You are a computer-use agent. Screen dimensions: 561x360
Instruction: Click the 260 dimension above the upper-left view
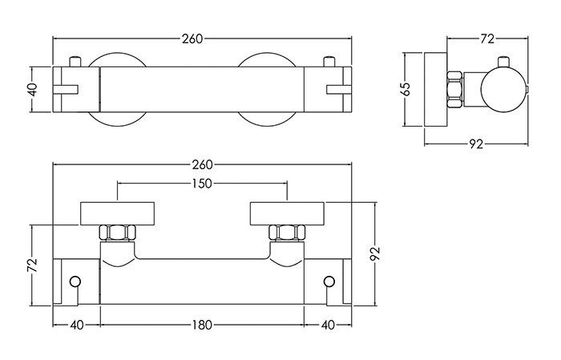coord(192,38)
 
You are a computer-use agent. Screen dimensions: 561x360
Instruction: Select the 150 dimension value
coord(202,184)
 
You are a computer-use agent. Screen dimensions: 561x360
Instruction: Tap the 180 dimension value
coord(202,326)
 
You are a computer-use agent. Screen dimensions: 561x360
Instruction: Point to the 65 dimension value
coord(406,89)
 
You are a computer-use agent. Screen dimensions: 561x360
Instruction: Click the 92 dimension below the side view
coord(476,144)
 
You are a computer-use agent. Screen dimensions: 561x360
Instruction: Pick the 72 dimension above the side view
coord(487,38)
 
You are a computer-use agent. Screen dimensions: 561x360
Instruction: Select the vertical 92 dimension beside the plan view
coord(375,254)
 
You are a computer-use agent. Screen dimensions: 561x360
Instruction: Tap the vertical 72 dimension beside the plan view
coord(32,265)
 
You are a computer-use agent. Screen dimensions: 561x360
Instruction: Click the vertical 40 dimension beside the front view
coord(32,90)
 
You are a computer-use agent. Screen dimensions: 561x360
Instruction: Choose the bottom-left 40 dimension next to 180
coord(77,326)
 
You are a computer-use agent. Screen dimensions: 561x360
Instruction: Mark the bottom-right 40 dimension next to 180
coord(328,326)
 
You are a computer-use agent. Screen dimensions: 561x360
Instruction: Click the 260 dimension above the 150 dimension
coord(202,165)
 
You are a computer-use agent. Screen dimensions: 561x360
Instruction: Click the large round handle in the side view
coord(504,89)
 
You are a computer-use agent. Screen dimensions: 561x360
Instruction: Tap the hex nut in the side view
coord(455,89)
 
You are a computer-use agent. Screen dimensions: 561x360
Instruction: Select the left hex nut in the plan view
coord(117,233)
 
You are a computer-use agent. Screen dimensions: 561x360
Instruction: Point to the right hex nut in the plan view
coord(287,233)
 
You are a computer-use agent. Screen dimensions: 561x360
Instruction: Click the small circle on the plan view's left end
coord(75,281)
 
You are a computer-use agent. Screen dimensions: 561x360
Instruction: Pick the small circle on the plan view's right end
coord(329,281)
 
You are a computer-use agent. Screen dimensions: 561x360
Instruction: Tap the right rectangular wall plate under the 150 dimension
coord(287,213)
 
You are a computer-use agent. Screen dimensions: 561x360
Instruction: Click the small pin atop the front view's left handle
coord(75,62)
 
